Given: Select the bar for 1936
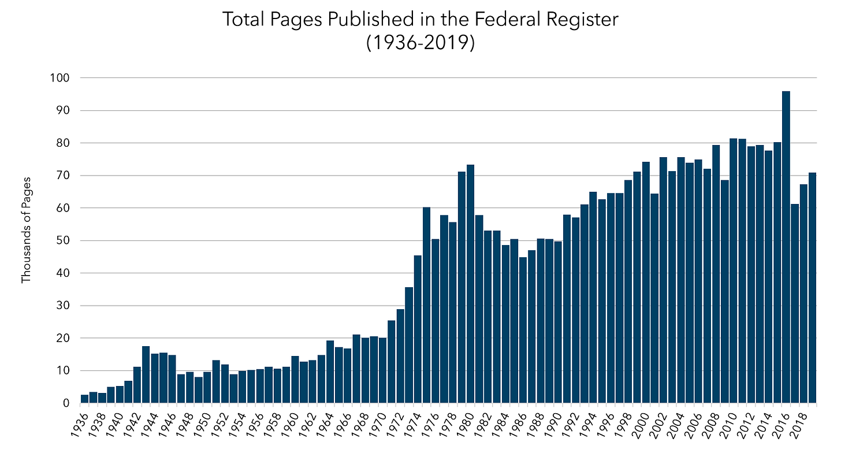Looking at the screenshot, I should click(84, 399).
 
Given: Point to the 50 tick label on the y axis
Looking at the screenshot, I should click(64, 241).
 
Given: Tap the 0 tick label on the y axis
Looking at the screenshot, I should click(67, 403).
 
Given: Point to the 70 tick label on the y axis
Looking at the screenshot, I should click(64, 176).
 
